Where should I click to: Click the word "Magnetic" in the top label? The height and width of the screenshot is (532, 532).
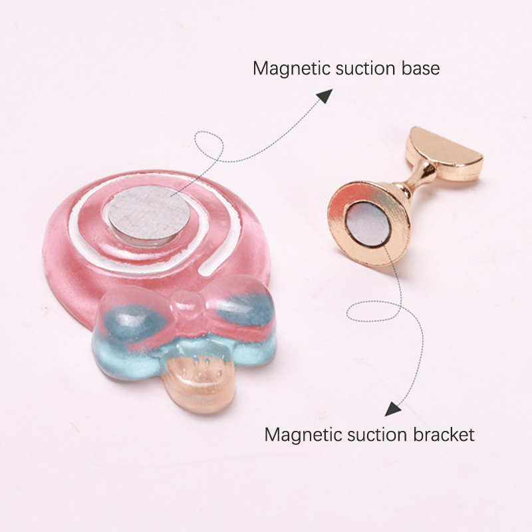[x=291, y=69]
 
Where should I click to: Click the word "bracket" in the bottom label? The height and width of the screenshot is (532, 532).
[x=444, y=434]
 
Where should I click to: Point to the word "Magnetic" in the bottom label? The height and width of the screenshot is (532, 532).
[x=303, y=436]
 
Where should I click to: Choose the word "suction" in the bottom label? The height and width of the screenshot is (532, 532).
[x=378, y=435]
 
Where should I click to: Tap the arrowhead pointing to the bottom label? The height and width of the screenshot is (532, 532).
[x=392, y=409]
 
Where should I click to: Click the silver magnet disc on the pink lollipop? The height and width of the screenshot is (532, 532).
[x=148, y=215]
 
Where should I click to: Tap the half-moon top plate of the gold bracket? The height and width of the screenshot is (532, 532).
[x=444, y=154]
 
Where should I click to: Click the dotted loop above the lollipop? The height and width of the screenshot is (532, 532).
[x=209, y=146]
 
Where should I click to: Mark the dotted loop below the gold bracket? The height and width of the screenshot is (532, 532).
[x=374, y=311]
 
